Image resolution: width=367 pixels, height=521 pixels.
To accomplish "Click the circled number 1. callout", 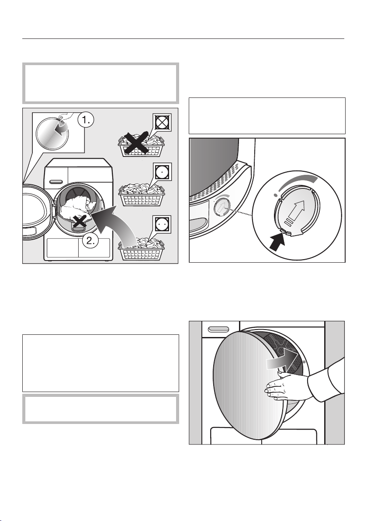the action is (85, 122).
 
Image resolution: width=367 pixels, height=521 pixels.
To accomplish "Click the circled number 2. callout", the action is (91, 240).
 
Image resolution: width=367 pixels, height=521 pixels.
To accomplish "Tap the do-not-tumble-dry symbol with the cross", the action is (162, 122).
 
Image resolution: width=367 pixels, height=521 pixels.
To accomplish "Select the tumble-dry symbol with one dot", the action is (163, 172).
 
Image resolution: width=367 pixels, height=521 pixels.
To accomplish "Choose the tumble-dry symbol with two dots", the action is (162, 224).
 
